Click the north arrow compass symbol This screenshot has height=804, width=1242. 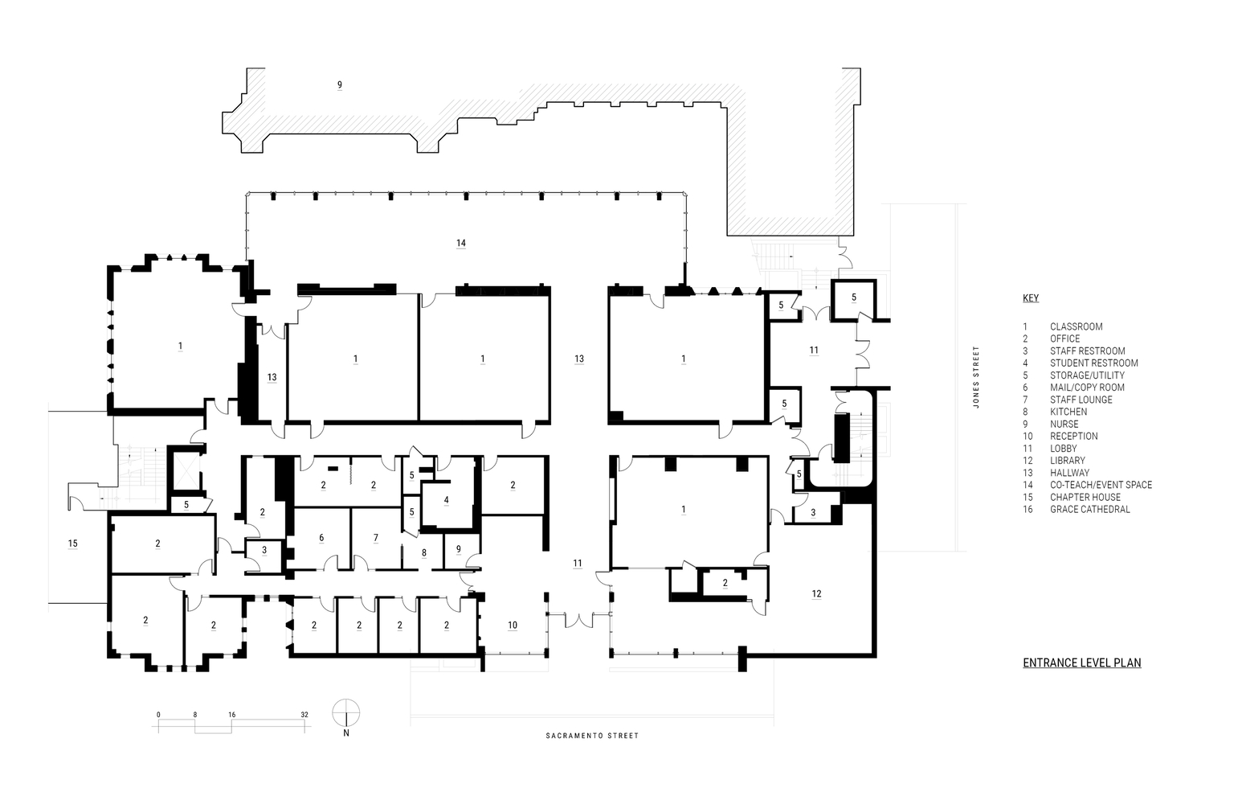click(346, 714)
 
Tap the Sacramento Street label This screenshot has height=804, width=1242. click(592, 736)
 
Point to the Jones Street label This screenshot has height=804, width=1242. click(976, 377)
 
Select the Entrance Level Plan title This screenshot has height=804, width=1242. click(1082, 662)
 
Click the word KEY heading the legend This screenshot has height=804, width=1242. click(1031, 298)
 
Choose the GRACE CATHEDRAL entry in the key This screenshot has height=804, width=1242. click(1089, 510)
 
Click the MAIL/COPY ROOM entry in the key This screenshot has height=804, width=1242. click(1087, 388)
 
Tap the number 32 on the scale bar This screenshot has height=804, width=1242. click(304, 715)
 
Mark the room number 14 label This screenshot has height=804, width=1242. click(461, 243)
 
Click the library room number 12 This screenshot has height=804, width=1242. click(816, 593)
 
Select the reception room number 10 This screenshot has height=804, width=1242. click(513, 625)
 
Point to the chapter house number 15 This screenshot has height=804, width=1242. click(72, 544)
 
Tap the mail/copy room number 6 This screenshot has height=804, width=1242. click(321, 537)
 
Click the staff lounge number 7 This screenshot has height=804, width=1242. click(376, 537)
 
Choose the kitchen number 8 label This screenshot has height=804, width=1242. click(424, 552)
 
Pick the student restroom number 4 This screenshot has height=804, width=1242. click(447, 500)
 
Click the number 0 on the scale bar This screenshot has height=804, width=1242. click(158, 715)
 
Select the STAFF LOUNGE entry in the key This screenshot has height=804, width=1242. click(1081, 400)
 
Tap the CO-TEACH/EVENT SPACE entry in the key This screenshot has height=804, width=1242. click(1101, 485)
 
